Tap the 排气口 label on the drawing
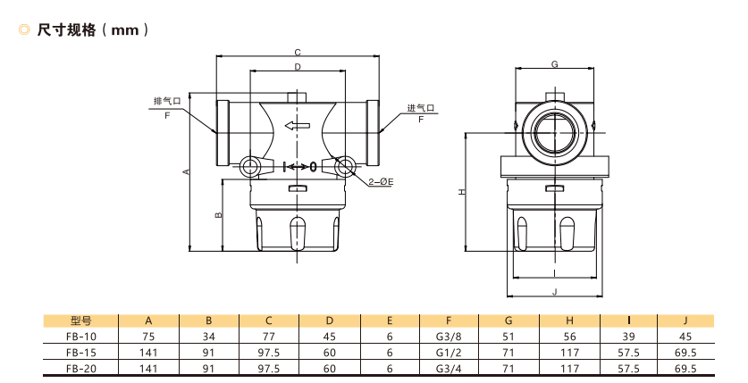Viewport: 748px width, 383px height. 168,101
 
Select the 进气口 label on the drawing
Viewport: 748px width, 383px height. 420,109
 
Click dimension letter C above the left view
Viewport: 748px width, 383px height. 298,53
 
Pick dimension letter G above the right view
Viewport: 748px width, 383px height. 555,64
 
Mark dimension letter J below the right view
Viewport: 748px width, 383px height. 555,292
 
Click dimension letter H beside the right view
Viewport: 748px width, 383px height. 461,191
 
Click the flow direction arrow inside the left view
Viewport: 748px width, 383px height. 297,125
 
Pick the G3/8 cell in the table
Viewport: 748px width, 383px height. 450,337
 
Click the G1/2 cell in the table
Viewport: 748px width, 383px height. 450,352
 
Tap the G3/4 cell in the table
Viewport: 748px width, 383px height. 450,367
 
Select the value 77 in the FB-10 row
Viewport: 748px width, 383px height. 270,337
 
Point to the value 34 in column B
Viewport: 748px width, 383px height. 210,337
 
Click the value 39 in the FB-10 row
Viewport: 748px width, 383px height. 629,337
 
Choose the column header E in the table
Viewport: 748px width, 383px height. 390,321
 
